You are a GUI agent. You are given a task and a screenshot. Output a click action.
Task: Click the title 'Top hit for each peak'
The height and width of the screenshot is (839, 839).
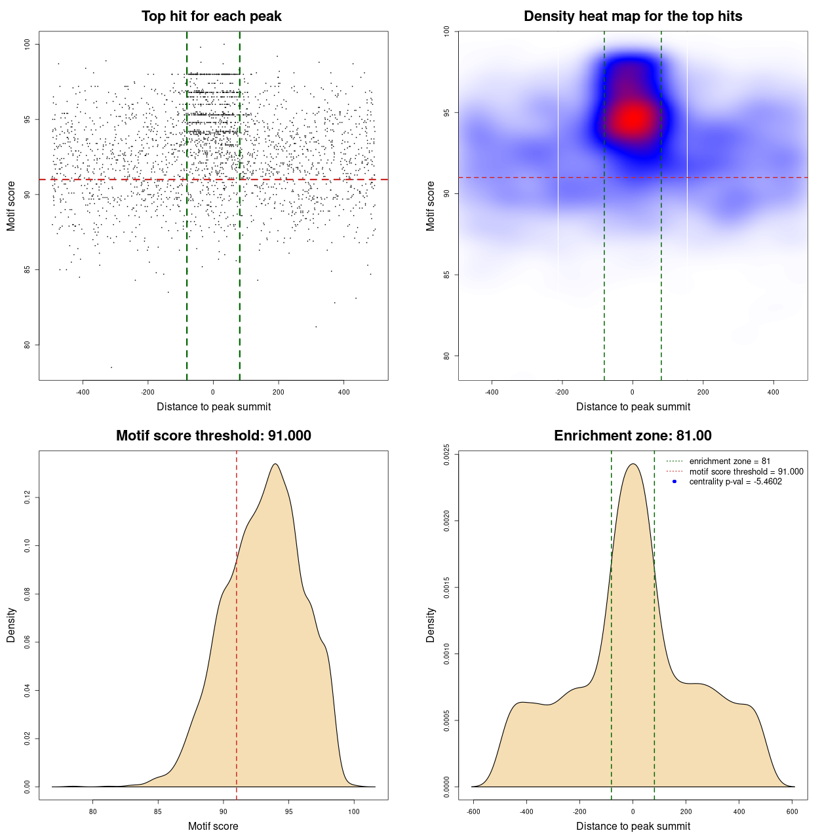point(211,16)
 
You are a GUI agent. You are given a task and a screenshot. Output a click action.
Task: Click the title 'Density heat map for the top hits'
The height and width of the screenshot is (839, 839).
point(633,16)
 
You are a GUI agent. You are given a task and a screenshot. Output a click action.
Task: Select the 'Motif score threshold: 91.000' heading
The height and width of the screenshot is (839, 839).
point(213,436)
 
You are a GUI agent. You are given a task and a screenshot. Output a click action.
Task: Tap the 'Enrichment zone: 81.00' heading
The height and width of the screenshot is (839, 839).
point(633,436)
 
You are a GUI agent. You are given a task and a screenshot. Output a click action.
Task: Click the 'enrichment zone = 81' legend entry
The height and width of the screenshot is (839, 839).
point(730,461)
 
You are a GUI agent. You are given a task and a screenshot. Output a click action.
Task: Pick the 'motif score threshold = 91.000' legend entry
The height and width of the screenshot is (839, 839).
point(746,471)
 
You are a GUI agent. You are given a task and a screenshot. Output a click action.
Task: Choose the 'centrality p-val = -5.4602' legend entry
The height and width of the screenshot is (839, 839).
point(735,482)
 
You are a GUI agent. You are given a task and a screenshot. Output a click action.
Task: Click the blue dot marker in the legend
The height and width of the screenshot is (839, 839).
point(674,482)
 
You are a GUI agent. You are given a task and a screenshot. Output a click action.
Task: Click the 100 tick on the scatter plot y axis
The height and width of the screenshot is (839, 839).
point(27,44)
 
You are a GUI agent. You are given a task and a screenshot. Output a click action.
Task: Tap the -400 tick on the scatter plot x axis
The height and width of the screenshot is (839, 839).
point(83,392)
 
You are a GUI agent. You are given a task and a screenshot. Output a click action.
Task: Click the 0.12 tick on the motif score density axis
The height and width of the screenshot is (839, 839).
point(27,498)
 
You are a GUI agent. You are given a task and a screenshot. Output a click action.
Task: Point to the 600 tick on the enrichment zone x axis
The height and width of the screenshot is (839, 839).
point(792,811)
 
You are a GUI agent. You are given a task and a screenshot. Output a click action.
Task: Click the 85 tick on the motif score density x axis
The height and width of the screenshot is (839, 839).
point(158,811)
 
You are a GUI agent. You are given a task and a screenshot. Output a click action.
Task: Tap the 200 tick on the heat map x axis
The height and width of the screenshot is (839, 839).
point(703,392)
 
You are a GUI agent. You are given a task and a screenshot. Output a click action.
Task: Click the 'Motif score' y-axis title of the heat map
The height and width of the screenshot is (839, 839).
point(430,206)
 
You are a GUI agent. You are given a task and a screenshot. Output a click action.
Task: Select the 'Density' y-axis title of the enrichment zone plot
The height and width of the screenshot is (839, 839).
point(430,625)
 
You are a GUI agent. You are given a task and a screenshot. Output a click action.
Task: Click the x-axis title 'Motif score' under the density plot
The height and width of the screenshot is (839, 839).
point(213,826)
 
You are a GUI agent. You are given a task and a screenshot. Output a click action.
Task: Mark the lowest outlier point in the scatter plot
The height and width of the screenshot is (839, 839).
point(111,367)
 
